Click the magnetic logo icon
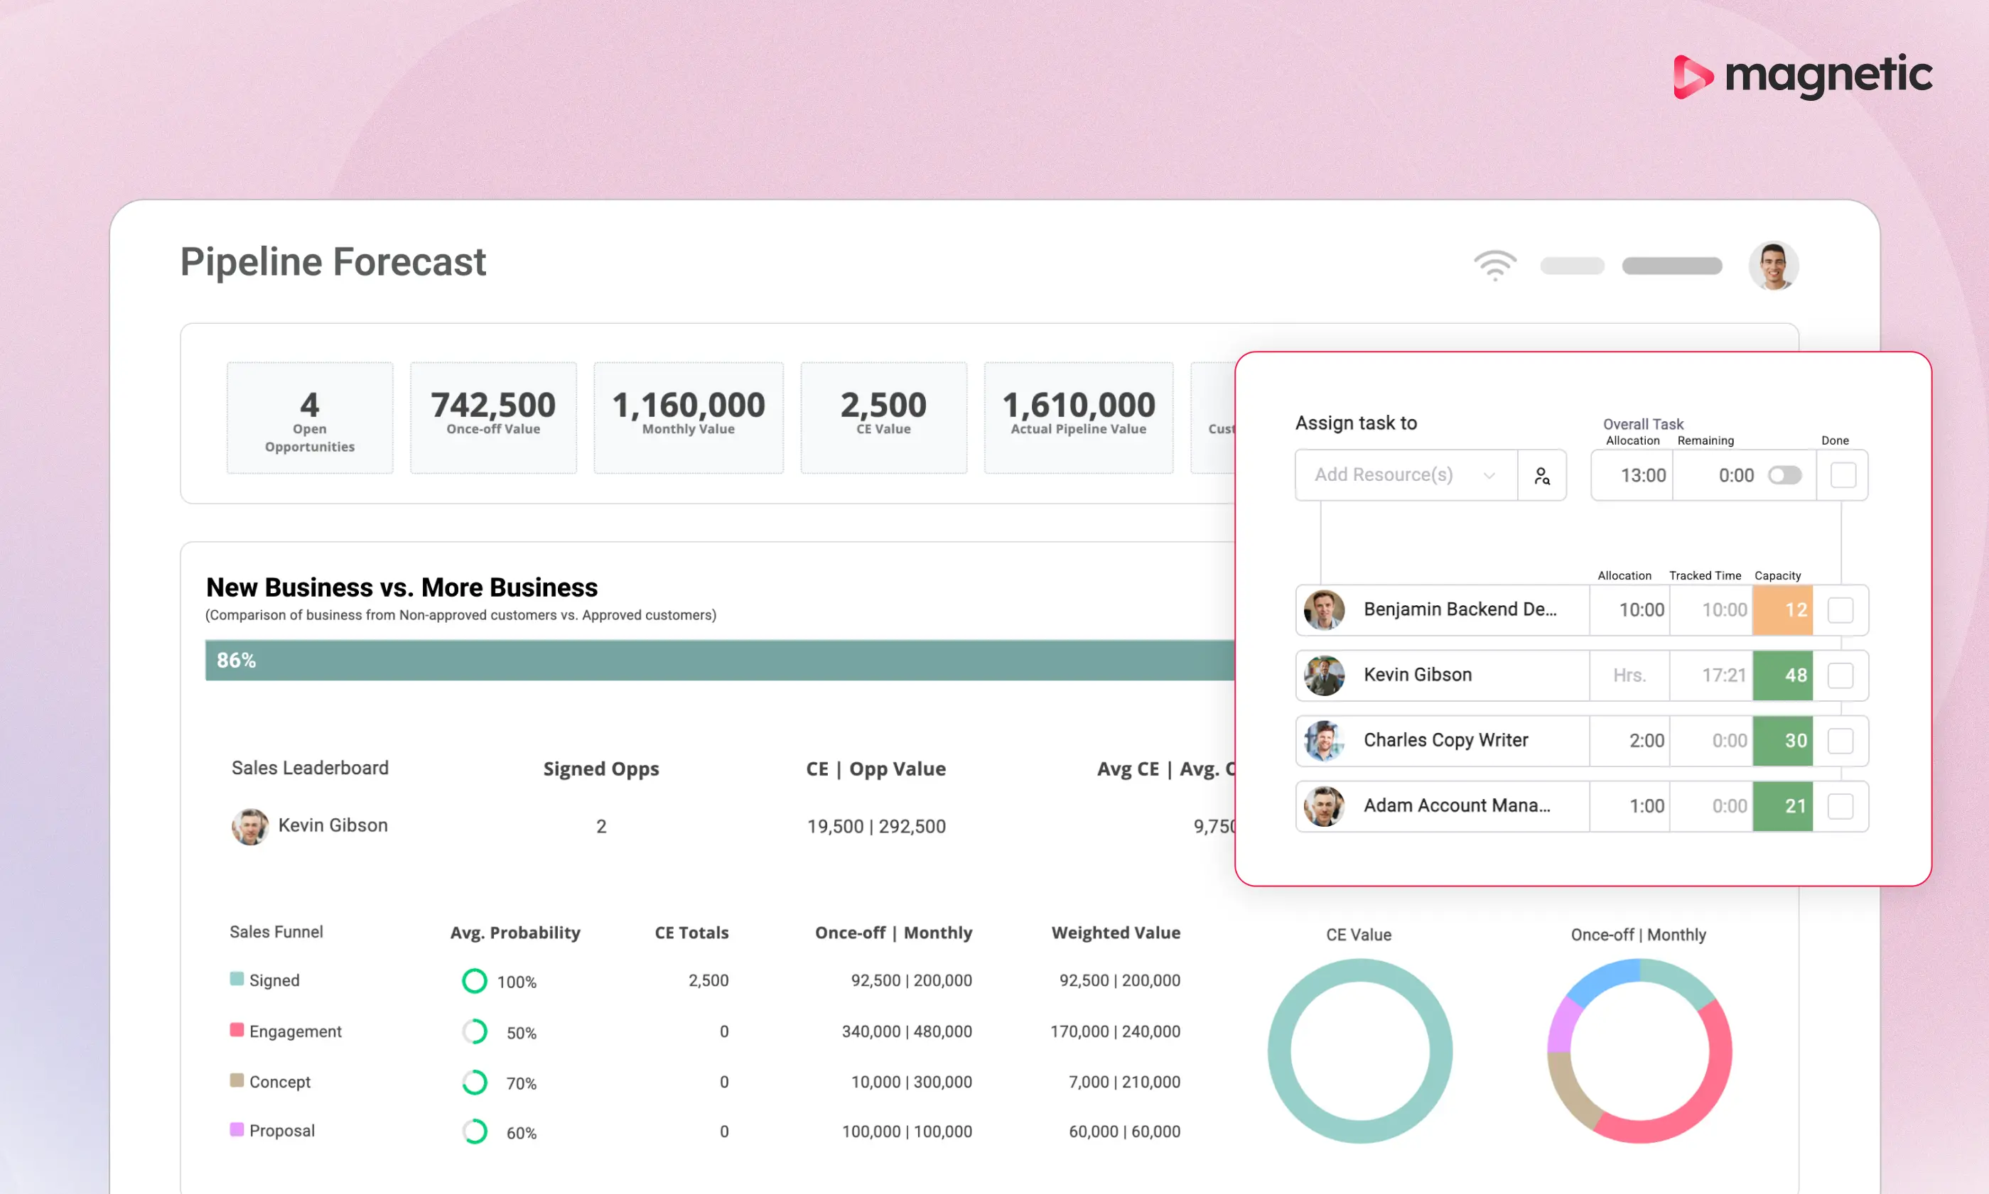1693,77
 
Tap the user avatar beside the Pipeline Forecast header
1773,266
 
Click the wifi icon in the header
1494,265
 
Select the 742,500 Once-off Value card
493,418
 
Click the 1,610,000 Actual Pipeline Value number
1079,405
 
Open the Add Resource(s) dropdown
1406,474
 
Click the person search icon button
1542,475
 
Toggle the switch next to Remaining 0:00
1784,475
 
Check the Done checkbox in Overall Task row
1843,475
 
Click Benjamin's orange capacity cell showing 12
1783,610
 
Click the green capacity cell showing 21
1783,806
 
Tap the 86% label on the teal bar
236,661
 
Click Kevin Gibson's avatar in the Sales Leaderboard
250,826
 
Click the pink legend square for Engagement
237,1030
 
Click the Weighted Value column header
1116,933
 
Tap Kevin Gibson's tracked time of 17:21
1723,675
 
